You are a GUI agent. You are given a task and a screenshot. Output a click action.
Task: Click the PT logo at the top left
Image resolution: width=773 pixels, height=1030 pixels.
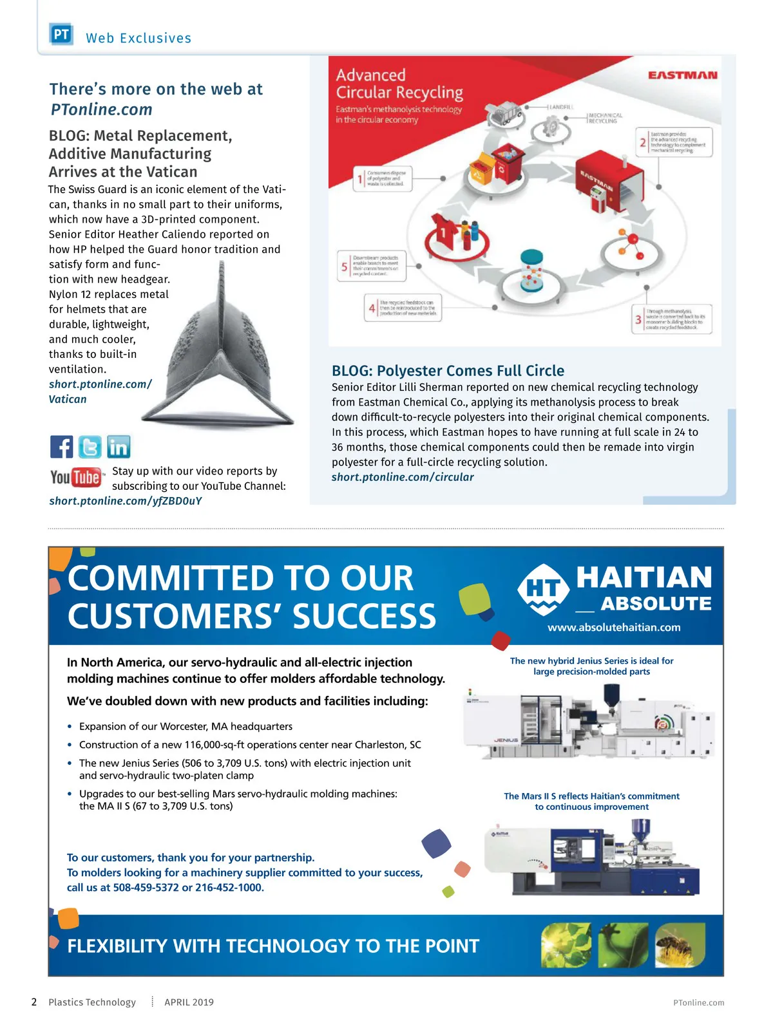click(x=61, y=34)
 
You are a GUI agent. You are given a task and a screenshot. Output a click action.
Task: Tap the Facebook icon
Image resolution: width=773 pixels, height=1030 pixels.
click(x=62, y=447)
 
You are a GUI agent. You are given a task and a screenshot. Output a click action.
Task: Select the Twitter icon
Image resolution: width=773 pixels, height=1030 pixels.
click(x=90, y=447)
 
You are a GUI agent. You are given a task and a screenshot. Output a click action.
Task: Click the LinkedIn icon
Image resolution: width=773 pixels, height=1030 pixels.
click(x=119, y=447)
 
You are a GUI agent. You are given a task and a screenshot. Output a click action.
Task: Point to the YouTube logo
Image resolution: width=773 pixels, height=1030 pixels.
click(x=76, y=478)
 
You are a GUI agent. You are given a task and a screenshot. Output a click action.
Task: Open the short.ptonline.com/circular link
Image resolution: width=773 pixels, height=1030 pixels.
click(x=403, y=477)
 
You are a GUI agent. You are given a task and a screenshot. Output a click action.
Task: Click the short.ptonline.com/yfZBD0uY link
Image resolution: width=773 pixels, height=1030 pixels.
click(x=126, y=501)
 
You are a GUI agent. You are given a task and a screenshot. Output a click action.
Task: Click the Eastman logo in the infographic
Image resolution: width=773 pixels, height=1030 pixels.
click(x=682, y=75)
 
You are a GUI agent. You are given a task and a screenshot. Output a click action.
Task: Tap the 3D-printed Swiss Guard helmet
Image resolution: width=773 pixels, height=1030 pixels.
click(x=219, y=354)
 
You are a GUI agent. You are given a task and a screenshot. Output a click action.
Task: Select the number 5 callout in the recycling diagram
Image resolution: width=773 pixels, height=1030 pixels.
click(x=345, y=267)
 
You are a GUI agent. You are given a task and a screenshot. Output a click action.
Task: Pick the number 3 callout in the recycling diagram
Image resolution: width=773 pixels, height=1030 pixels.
click(x=638, y=319)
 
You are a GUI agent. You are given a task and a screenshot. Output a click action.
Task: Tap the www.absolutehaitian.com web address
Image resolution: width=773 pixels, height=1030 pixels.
click(x=614, y=628)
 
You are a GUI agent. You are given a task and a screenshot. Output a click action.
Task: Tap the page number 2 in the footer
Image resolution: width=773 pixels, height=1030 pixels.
click(x=34, y=1002)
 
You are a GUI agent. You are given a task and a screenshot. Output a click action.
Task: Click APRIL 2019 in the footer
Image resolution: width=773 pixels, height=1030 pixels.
click(x=189, y=1002)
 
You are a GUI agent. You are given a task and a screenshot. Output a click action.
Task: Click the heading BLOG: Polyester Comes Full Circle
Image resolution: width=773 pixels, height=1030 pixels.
click(x=448, y=371)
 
